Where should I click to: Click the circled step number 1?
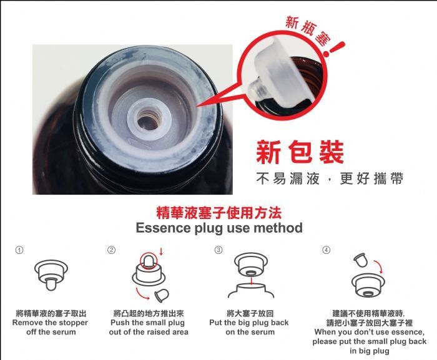pos(19,250)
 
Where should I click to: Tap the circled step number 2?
pos(111,250)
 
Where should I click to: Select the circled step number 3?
pos(219,250)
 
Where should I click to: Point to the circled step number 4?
pos(326,250)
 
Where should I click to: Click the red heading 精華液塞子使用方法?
pos(219,213)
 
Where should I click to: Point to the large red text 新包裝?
pos(300,152)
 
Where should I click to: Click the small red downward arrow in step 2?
pos(161,251)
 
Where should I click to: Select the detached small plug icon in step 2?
pos(162,295)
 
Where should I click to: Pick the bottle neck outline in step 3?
pos(251,290)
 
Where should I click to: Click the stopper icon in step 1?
pos(51,275)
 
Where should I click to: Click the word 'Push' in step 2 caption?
pos(120,323)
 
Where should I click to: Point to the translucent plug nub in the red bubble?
pos(255,89)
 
